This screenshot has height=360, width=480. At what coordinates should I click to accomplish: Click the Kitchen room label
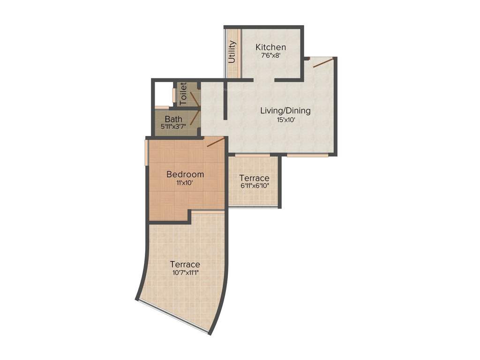270,47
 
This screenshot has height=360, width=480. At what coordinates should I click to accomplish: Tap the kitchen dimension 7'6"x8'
270,56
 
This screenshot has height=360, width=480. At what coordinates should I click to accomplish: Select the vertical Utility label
232,52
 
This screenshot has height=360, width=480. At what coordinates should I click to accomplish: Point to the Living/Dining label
285,111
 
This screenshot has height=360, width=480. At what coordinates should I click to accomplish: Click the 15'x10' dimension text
285,120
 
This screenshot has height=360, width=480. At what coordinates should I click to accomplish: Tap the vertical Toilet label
183,93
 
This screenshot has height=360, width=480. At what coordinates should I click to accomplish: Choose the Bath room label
173,119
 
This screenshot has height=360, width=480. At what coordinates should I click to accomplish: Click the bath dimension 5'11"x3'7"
173,127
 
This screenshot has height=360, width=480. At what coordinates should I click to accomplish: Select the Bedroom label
185,174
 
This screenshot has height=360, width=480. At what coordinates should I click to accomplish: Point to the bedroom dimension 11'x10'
185,183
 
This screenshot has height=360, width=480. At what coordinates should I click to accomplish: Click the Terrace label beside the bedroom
254,178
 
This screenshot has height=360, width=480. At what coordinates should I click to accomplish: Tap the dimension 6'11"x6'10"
254,186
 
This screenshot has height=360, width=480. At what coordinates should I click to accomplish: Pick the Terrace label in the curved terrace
185,264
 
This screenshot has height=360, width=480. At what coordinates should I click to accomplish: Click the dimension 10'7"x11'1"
185,272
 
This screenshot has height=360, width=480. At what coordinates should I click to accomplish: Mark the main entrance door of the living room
323,63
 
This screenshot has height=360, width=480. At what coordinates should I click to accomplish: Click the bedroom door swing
215,142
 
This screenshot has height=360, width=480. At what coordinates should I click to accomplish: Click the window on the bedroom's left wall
146,152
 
